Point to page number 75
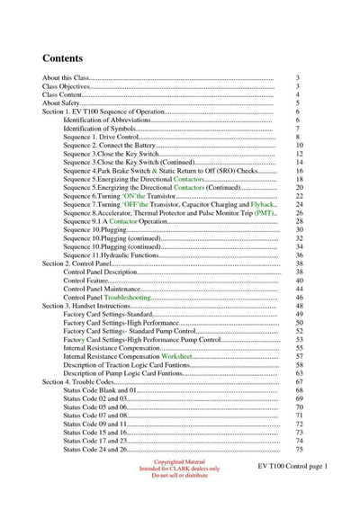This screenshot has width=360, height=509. click(299, 449)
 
